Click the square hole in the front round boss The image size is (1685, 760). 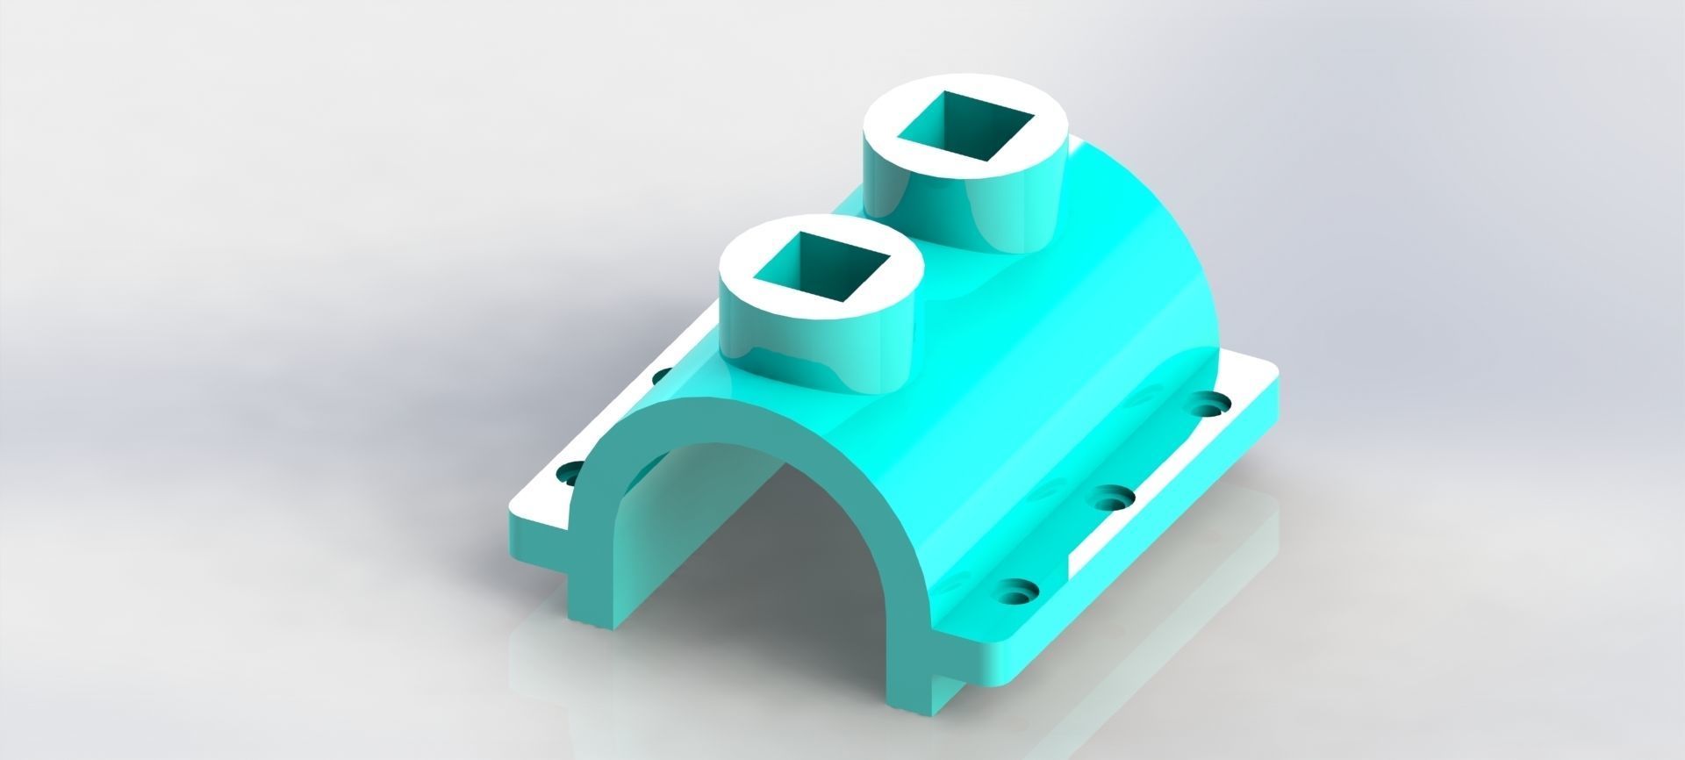tap(821, 266)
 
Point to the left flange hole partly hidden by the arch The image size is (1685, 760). tap(569, 472)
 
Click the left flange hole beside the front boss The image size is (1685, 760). tap(664, 376)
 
